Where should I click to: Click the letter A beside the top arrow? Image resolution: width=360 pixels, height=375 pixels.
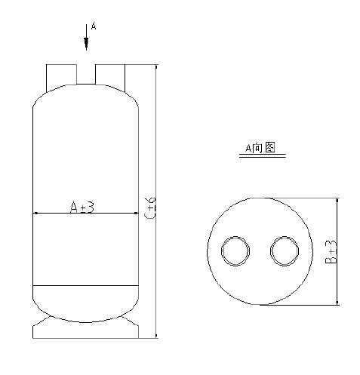(93, 26)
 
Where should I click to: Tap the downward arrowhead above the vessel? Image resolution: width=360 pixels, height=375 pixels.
(85, 45)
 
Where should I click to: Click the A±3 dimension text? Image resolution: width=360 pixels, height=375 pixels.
(82, 206)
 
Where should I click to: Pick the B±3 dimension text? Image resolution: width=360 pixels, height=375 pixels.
(330, 252)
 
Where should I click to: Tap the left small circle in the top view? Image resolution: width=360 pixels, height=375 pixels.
(235, 252)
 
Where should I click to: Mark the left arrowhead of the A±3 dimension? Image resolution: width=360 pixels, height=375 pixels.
(35, 214)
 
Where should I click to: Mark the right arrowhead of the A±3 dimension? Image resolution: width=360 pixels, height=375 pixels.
(137, 214)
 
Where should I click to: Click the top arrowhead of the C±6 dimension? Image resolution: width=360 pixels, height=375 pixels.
(155, 69)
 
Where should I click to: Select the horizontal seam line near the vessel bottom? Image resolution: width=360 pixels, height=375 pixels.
(85, 285)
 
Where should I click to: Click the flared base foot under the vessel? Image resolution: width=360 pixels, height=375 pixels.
(85, 327)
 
